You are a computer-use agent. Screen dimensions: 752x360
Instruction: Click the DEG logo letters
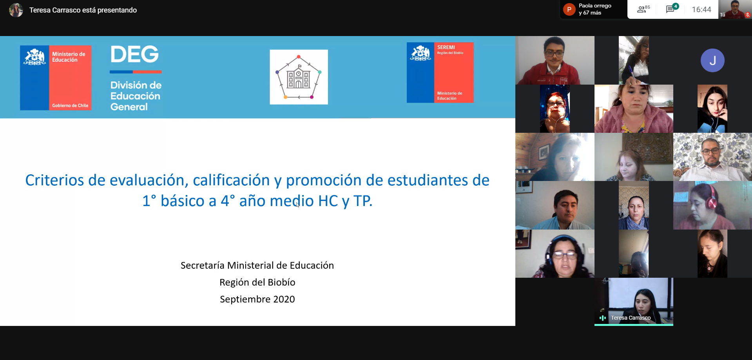(x=135, y=54)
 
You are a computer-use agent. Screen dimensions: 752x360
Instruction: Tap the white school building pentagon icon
(x=299, y=77)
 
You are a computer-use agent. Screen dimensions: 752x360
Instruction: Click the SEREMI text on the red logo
(x=446, y=47)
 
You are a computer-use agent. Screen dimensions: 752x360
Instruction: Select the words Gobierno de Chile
(x=70, y=105)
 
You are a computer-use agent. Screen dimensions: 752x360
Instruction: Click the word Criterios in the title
(x=54, y=180)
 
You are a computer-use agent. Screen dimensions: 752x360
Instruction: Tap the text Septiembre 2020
(x=257, y=299)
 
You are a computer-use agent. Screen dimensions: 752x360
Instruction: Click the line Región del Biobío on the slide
(x=257, y=282)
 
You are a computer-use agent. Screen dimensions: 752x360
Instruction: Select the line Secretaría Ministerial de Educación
(x=257, y=265)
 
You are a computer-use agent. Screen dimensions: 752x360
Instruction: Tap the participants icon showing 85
(x=643, y=9)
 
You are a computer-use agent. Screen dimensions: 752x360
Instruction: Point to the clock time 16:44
(x=701, y=9)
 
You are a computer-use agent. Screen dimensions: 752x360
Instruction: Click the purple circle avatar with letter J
(x=712, y=60)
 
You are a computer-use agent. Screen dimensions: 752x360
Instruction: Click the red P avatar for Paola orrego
(x=569, y=9)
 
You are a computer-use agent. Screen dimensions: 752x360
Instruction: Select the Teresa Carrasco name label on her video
(x=631, y=318)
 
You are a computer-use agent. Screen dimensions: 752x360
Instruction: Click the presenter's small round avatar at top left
(x=16, y=10)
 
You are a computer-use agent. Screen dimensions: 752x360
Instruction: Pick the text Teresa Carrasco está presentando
(x=83, y=10)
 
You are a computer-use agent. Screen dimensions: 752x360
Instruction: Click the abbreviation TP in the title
(x=362, y=201)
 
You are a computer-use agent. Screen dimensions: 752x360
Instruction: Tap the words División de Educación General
(x=136, y=96)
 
